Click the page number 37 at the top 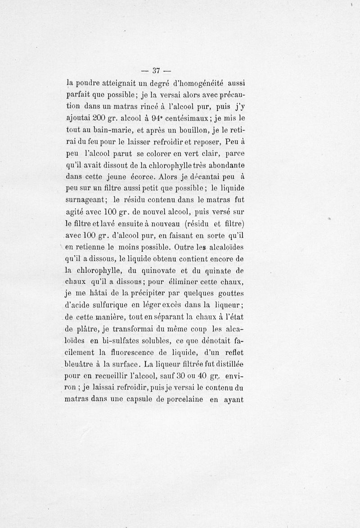pos(157,70)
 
